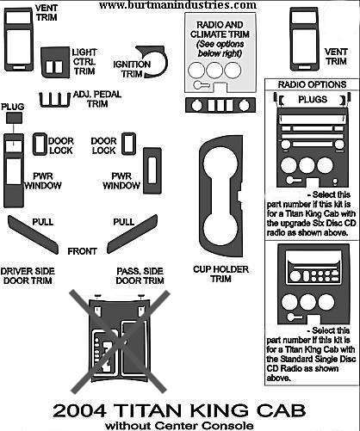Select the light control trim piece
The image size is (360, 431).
[55, 63]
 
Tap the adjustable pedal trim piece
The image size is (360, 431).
[55, 100]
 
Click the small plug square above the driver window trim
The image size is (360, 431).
[14, 118]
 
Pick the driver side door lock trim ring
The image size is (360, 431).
[40, 144]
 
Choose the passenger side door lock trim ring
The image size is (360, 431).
[129, 144]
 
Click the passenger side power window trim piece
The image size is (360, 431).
[152, 170]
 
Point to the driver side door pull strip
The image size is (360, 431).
[33, 235]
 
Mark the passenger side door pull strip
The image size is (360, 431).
[133, 234]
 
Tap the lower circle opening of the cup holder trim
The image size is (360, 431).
[220, 229]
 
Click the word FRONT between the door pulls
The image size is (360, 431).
[82, 251]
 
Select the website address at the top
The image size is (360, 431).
[177, 5]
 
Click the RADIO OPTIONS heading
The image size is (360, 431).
[312, 84]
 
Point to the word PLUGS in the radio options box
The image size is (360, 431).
[313, 100]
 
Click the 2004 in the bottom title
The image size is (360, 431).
[80, 410]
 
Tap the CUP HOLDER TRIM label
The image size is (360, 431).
[220, 274]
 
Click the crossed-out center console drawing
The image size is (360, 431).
[120, 342]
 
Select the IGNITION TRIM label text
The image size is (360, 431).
[132, 69]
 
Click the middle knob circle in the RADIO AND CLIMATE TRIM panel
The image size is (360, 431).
[214, 70]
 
